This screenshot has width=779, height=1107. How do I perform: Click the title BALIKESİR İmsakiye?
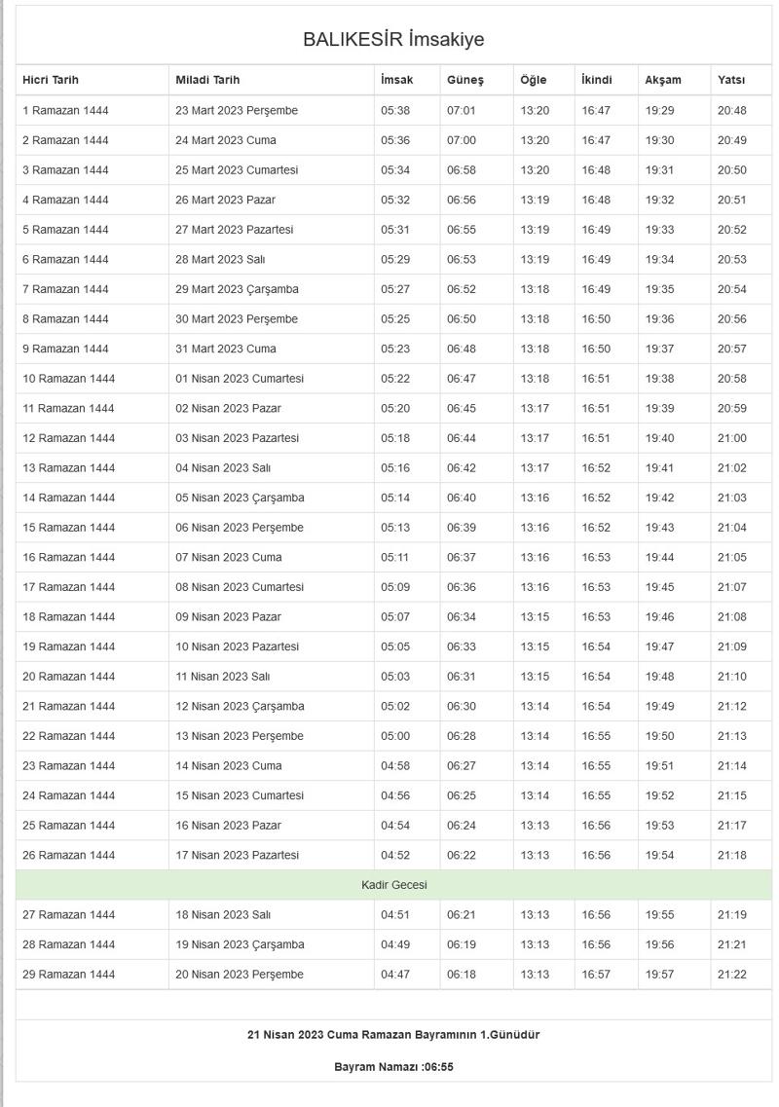pyautogui.click(x=393, y=40)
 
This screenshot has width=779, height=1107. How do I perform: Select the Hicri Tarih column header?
pyautogui.click(x=51, y=80)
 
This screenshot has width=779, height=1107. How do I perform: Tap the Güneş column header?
pyautogui.click(x=465, y=80)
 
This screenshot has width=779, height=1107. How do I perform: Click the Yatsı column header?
pyautogui.click(x=731, y=80)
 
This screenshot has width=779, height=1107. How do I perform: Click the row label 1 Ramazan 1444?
pyautogui.click(x=65, y=111)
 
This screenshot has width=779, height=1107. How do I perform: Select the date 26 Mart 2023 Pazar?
pyautogui.click(x=225, y=200)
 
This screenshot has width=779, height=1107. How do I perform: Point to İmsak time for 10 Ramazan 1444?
pyautogui.click(x=395, y=379)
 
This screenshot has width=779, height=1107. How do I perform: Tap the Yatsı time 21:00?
pyautogui.click(x=731, y=438)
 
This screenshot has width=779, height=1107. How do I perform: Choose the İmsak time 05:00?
pyautogui.click(x=395, y=736)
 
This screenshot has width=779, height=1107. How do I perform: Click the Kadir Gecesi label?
pyautogui.click(x=393, y=885)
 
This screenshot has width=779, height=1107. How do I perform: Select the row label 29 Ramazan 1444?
pyautogui.click(x=68, y=975)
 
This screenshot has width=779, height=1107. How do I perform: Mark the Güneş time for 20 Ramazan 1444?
pyautogui.click(x=462, y=677)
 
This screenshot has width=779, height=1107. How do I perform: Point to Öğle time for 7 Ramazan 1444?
pyautogui.click(x=535, y=289)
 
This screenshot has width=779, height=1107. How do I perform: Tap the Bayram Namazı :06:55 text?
pyautogui.click(x=393, y=1067)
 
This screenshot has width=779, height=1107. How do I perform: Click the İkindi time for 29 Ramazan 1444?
pyautogui.click(x=596, y=975)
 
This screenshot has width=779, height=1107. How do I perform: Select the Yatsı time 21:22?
pyautogui.click(x=731, y=975)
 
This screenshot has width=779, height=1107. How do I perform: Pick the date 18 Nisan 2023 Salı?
pyautogui.click(x=223, y=915)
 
